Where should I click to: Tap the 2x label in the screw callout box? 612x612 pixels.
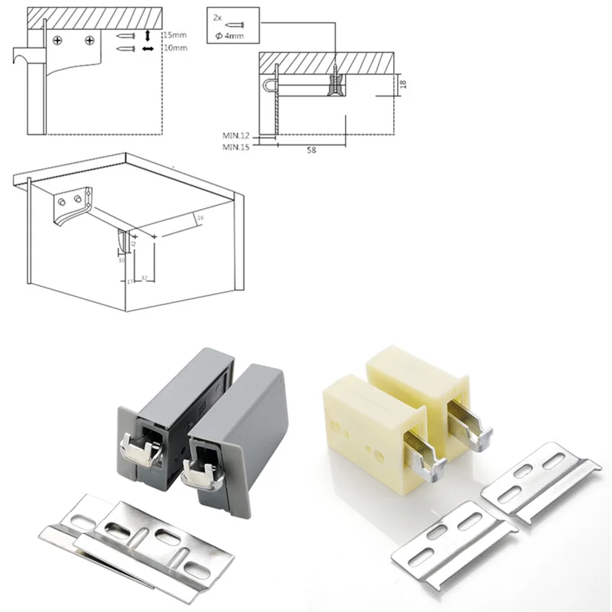(x=218, y=15)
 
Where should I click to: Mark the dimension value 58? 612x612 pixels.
(x=311, y=150)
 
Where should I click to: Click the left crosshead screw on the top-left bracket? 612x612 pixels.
(x=58, y=38)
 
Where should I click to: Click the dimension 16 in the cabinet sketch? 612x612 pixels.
(x=200, y=219)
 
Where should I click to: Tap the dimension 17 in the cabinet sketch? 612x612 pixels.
(x=130, y=282)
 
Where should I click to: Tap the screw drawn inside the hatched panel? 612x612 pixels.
(x=336, y=80)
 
